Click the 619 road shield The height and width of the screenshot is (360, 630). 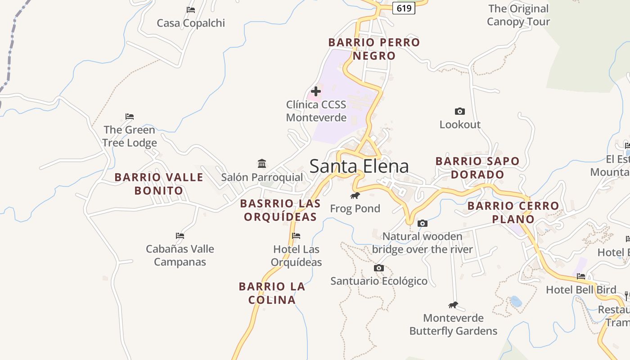pos(403,8)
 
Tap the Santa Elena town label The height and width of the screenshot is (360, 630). pos(359,166)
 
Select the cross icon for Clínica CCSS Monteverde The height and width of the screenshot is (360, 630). pos(316,91)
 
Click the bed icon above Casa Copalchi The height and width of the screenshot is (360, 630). pos(191,9)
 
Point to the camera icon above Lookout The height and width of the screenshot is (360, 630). pos(459,111)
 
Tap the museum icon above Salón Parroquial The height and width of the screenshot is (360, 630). pos(262,163)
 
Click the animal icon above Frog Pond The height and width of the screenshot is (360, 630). pos(355,195)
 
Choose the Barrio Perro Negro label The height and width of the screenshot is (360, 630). pos(374,49)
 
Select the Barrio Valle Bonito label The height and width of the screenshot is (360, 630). pos(159,184)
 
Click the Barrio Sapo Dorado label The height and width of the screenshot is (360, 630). pos(477,167)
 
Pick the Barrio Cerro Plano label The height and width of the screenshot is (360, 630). pos(513,212)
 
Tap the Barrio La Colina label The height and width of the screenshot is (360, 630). pos(272,293)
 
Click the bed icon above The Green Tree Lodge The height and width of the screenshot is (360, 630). pos(130,117)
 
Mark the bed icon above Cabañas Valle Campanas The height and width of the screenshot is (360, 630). pos(180,235)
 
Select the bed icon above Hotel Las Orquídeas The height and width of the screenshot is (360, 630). pos(296,236)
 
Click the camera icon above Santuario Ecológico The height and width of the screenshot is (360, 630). pos(379,268)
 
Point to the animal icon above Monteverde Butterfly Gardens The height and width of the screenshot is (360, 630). pos(453,305)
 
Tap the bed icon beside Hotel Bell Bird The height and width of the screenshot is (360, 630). pos(581,276)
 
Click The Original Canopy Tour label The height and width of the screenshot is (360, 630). pos(518,15)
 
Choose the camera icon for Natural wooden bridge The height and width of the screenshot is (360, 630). pos(422,223)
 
